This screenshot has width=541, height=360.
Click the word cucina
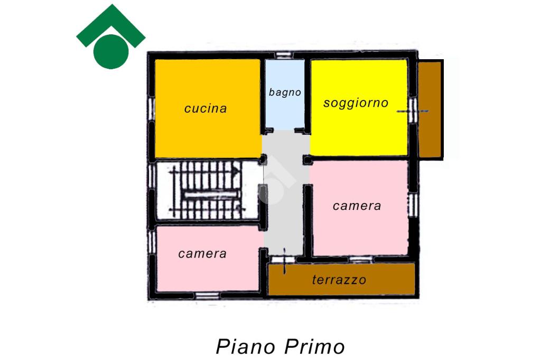pyautogui.click(x=206, y=108)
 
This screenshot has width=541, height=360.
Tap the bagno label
pyautogui.click(x=285, y=92)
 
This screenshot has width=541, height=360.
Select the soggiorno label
pyautogui.click(x=356, y=103)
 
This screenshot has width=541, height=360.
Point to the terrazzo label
pyautogui.click(x=339, y=280)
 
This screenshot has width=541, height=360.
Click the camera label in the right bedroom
pyautogui.click(x=357, y=206)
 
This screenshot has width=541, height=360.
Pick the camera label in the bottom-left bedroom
pyautogui.click(x=202, y=254)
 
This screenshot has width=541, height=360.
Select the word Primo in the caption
pyautogui.click(x=314, y=347)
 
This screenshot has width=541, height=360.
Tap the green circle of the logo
pyautogui.click(x=110, y=51)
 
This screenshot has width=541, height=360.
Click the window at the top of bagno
pyautogui.click(x=284, y=55)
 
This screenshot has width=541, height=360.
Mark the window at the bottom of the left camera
pyautogui.click(x=207, y=294)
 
